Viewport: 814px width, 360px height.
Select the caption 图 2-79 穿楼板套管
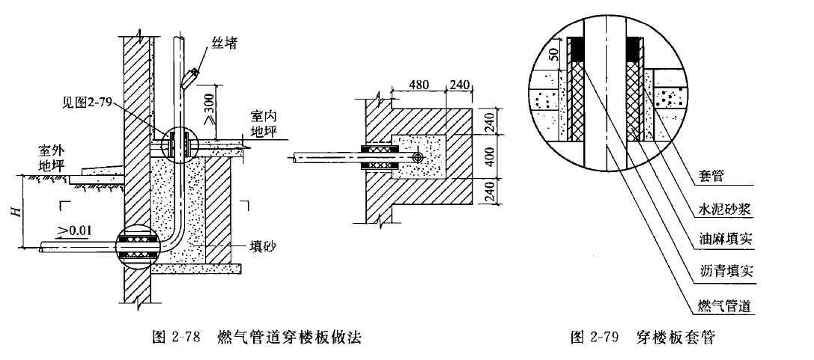pos(643,337)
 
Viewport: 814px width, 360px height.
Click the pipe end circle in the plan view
pos(418,158)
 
